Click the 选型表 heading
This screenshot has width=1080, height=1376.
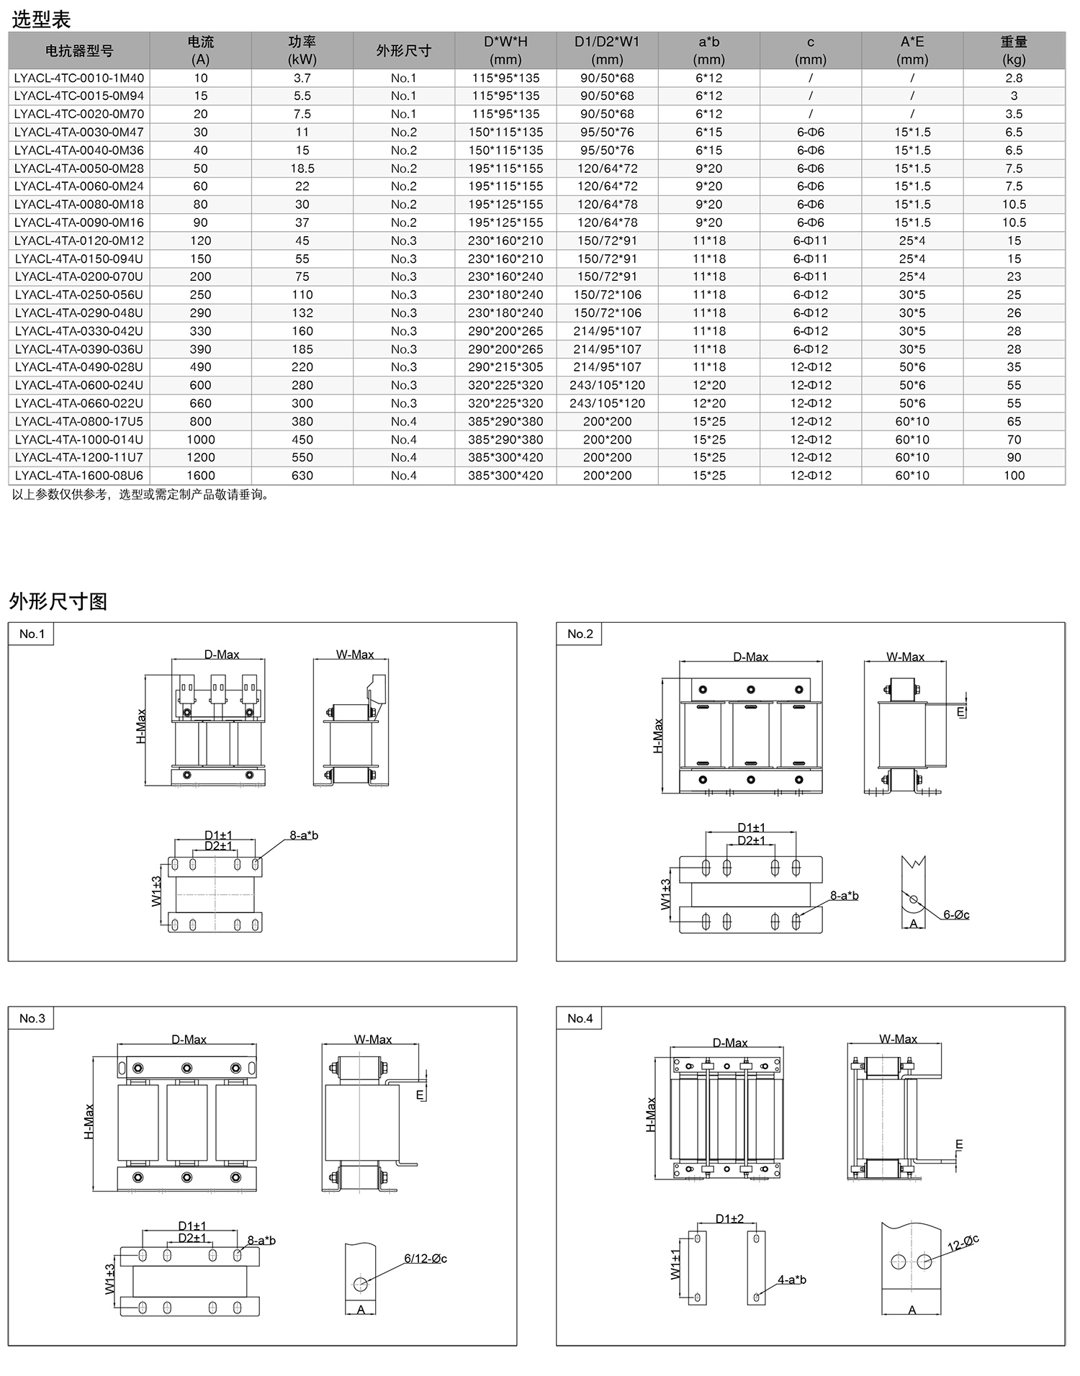(x=41, y=19)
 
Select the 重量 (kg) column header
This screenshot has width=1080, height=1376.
(x=1014, y=50)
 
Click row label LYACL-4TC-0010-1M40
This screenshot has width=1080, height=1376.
(x=79, y=78)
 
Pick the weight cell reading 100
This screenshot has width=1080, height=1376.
(x=1014, y=475)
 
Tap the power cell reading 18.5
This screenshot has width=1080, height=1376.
(x=302, y=168)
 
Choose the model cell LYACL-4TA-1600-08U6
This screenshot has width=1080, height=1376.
(x=79, y=475)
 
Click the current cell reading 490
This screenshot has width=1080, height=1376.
(x=200, y=367)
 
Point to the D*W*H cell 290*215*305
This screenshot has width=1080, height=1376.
(x=505, y=367)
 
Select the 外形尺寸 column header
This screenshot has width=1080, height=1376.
(x=403, y=50)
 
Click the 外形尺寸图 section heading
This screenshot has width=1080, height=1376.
(x=58, y=601)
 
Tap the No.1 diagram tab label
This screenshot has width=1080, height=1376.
(x=32, y=634)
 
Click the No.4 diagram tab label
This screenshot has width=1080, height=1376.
(x=580, y=1018)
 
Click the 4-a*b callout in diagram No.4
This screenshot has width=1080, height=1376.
(x=791, y=1280)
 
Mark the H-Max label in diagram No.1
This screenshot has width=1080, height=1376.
(x=141, y=727)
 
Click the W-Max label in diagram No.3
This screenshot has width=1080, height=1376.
(x=373, y=1039)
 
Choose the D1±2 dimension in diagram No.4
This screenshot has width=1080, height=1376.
(x=729, y=1218)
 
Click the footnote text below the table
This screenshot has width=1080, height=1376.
(x=141, y=495)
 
